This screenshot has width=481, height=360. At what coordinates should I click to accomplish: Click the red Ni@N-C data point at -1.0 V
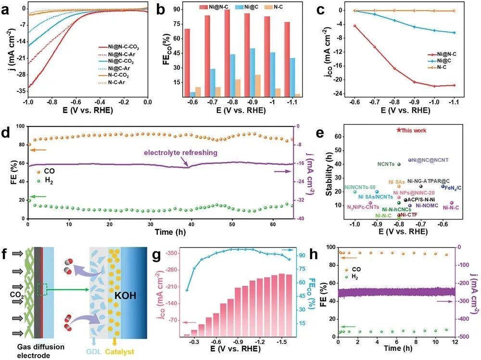tap(434, 86)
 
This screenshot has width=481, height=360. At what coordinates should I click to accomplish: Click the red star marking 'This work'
tap(399, 130)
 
